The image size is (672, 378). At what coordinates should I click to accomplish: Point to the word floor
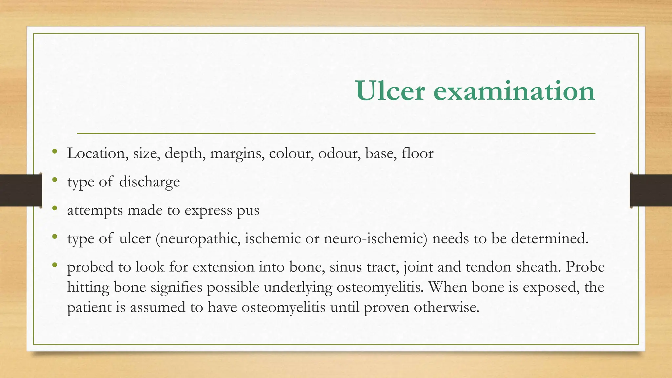point(417,153)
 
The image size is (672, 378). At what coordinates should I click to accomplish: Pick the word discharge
point(149,182)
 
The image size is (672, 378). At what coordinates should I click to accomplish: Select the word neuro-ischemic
point(375,239)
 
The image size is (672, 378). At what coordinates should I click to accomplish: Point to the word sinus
point(346,267)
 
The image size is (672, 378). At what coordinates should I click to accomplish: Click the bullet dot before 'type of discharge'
point(55,180)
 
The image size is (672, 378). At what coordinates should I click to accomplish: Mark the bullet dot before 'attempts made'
point(55,208)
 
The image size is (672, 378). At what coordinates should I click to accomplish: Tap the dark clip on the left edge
point(21,190)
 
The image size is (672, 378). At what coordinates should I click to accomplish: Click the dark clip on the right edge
point(651,190)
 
